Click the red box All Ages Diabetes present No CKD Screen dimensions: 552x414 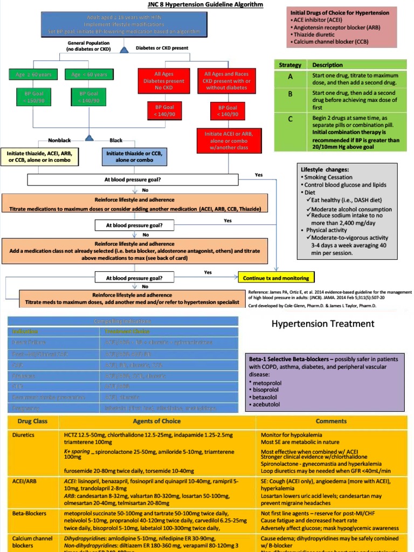[x=169, y=81]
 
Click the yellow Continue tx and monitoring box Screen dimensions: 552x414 [x=276, y=278]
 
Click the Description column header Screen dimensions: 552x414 [x=327, y=65]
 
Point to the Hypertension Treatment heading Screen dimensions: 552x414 [x=322, y=323]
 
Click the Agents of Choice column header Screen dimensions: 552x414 [x=156, y=421]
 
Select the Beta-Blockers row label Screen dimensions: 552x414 [x=29, y=514]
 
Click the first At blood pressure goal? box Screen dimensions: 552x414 [x=133, y=180]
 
